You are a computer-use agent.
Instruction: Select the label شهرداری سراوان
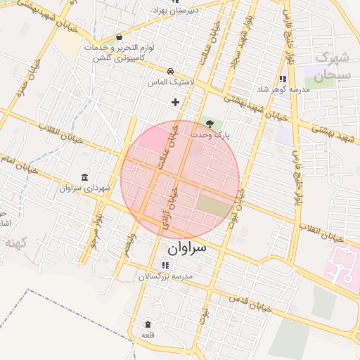[85, 188]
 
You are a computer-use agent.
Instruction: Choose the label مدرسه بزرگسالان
[165, 277]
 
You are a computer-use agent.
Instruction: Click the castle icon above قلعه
[148, 324]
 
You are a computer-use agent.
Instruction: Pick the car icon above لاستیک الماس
[171, 71]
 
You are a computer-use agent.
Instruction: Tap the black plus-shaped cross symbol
[176, 103]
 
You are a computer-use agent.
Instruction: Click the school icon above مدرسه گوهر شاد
[282, 79]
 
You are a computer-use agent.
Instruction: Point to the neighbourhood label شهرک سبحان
[323, 67]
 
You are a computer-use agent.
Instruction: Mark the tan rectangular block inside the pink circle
[212, 206]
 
